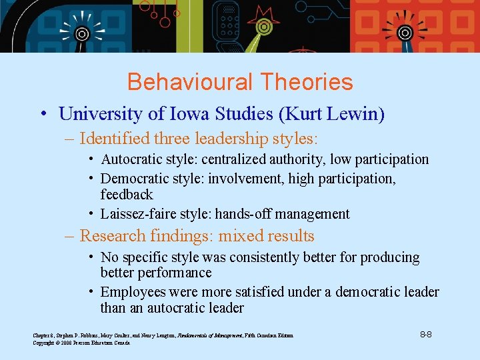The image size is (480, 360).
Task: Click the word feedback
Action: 127,195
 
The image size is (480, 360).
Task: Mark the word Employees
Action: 133,292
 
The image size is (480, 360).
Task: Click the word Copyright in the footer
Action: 44,342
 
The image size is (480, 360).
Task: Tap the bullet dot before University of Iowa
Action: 42,114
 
